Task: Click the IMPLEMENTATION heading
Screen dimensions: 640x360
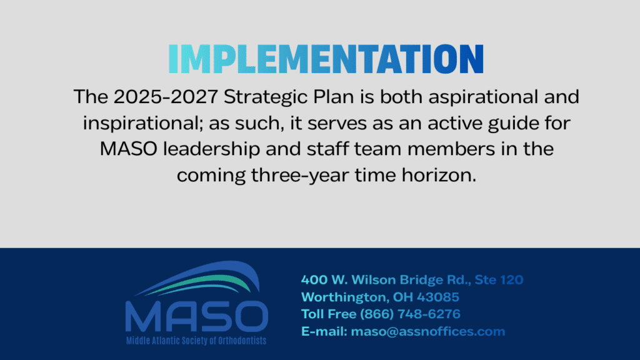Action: point(326,59)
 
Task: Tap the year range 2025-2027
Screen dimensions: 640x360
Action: point(166,97)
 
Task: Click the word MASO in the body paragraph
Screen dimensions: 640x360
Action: point(129,149)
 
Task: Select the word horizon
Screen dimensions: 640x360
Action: point(439,175)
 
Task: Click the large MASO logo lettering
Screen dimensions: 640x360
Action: point(197,316)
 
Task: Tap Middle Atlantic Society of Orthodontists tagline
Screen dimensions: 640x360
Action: point(196,341)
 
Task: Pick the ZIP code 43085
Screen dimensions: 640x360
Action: point(438,297)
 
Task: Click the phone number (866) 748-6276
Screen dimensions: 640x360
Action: point(410,314)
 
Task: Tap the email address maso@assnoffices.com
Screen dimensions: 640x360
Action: point(428,331)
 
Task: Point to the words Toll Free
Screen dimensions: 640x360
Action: point(329,314)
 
